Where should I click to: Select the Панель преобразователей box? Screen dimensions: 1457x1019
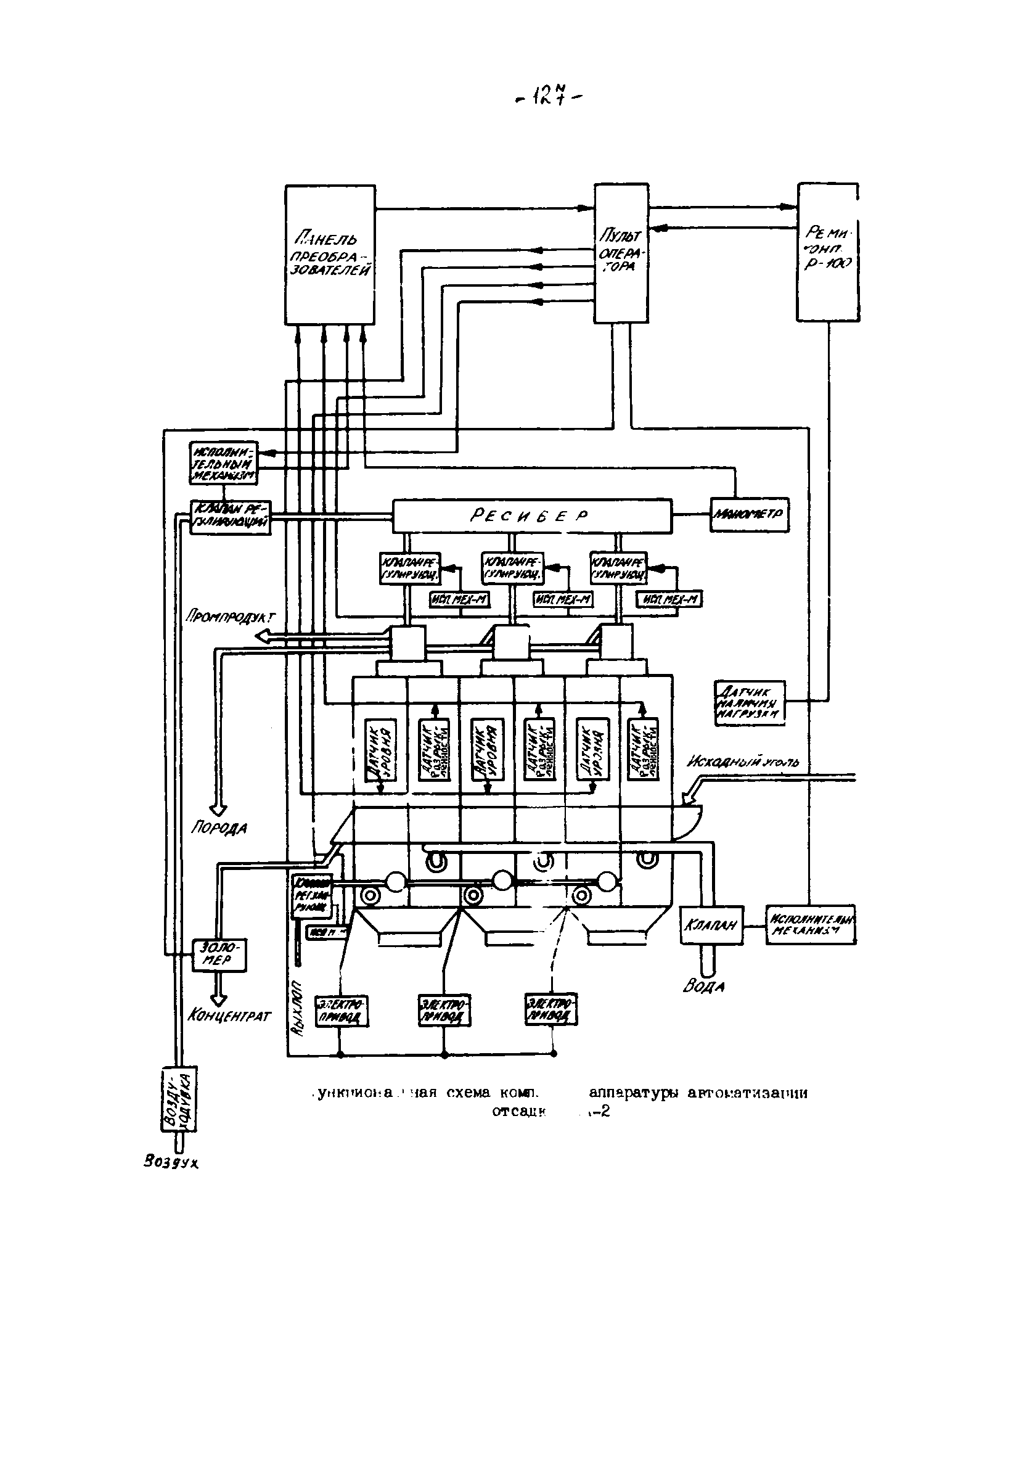[330, 255]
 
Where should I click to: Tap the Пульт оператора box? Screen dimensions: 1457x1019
[621, 253]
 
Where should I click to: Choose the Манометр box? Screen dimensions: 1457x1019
[749, 514]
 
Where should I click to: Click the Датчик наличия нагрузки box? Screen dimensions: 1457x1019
[750, 703]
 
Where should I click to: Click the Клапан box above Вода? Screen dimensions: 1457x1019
[711, 926]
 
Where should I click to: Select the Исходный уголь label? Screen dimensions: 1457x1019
[743, 762]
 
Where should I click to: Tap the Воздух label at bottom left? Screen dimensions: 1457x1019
[171, 1162]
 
